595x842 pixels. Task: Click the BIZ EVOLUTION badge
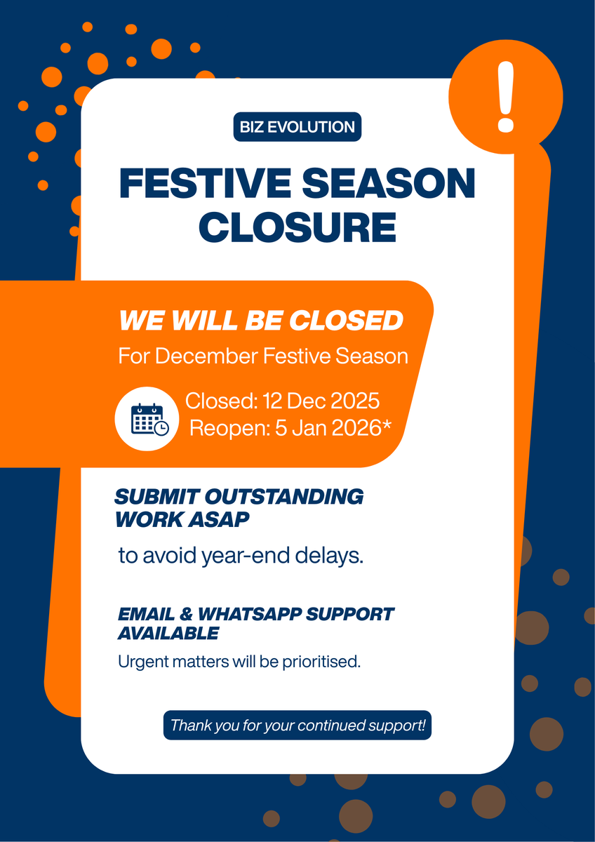click(x=297, y=127)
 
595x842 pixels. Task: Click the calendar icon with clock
click(x=149, y=419)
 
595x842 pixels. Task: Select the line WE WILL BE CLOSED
click(x=261, y=321)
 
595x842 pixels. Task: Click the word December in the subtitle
click(x=208, y=356)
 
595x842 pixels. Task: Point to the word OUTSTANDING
click(x=283, y=497)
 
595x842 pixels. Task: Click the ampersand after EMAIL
click(x=187, y=614)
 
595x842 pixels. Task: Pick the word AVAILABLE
click(x=168, y=633)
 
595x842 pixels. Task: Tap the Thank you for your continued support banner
click(x=297, y=725)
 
